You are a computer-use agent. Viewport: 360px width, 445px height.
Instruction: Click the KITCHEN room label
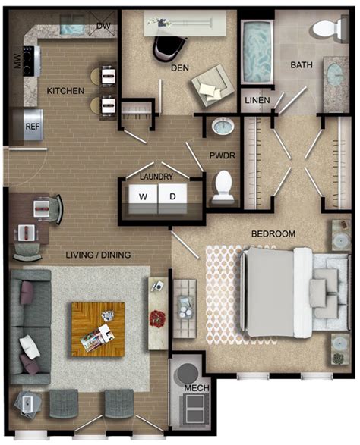pyautogui.click(x=65, y=92)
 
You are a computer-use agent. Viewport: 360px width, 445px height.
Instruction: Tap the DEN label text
pyautogui.click(x=179, y=68)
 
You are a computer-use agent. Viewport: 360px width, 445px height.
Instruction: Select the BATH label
pyautogui.click(x=302, y=66)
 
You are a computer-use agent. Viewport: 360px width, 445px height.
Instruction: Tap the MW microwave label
pyautogui.click(x=17, y=61)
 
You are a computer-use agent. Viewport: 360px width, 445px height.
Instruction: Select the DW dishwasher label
pyautogui.click(x=104, y=27)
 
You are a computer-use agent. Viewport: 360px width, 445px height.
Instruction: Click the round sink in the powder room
pyautogui.click(x=221, y=127)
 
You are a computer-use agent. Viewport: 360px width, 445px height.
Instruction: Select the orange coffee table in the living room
pyautogui.click(x=97, y=329)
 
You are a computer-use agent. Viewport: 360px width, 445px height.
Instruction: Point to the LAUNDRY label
pyautogui.click(x=158, y=177)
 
